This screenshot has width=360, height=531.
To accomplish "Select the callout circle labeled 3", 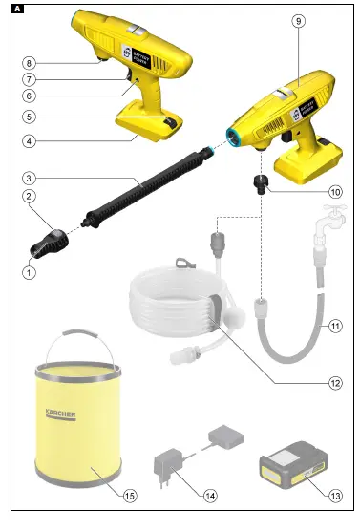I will point(30,179).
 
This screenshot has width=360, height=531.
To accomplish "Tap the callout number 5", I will point(30,117).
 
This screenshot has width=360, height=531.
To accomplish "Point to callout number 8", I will point(30,62).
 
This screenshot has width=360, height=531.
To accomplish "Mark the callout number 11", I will point(335,324).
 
